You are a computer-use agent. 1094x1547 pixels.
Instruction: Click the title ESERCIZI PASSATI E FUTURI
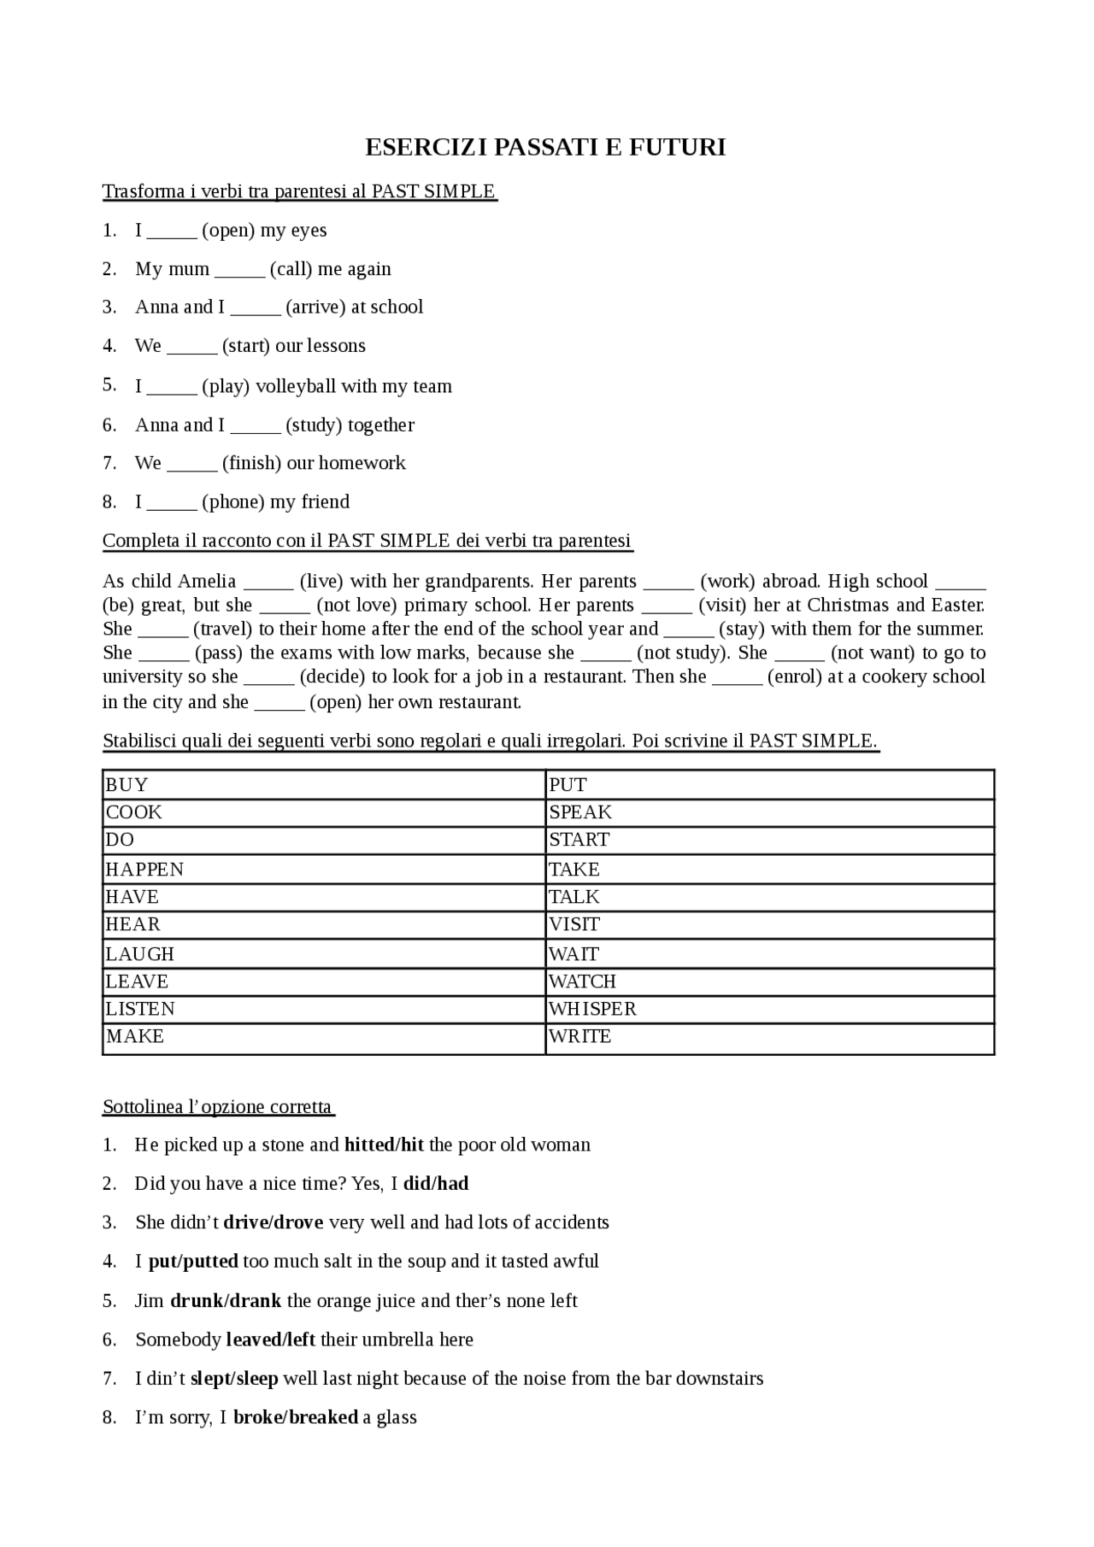(545, 148)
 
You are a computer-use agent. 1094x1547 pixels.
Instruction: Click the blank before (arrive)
(256, 308)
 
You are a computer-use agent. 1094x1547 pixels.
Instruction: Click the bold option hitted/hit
(384, 1145)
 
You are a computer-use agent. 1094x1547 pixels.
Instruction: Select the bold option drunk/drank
(226, 1301)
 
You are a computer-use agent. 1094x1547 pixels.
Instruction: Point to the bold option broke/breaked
(295, 1417)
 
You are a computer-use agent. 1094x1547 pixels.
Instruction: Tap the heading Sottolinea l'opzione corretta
(217, 1107)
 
